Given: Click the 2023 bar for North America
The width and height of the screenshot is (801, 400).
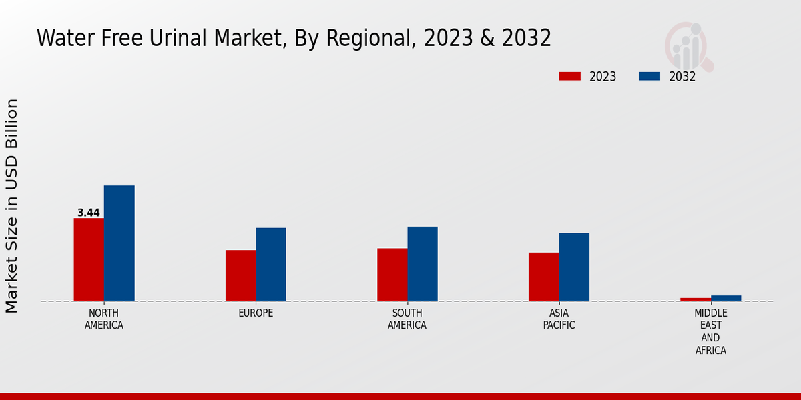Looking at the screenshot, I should coord(89,259).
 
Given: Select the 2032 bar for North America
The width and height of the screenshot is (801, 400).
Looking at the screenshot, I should coord(119,243).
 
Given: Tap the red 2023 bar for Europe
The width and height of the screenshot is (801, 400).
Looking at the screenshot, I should coord(240,275).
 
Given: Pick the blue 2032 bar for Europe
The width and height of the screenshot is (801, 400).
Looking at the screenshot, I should coord(270,264).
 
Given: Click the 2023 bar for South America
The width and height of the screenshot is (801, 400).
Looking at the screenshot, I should coord(392,274).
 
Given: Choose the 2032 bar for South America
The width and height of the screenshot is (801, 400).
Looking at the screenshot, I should coord(423,263).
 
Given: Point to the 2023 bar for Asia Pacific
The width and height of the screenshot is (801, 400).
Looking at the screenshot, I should coord(543,277).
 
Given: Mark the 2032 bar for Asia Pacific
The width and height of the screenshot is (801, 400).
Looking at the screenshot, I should coord(574,267).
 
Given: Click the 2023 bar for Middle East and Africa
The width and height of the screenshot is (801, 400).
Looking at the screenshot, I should coord(696,299).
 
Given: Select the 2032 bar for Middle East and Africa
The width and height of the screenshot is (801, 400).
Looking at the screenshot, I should coord(726,298).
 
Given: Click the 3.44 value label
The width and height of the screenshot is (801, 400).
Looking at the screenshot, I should coord(89,213).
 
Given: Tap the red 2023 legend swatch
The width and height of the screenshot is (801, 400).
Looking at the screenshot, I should coord(569,76).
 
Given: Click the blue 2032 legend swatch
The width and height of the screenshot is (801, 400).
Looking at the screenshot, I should coord(649,76).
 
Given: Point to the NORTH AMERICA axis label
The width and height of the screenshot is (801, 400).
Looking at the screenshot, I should coord(104,319).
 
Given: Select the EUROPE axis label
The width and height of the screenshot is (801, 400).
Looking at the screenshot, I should coord(256,313).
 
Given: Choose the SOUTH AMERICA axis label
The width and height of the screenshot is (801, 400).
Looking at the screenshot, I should coord(407,319).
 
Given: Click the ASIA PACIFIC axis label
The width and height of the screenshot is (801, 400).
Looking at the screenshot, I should coord(559,319).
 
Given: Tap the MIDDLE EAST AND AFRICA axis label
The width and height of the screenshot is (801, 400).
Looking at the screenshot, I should coord(710,331).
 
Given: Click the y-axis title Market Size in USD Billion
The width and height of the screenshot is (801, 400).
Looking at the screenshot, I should coord(12,205).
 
